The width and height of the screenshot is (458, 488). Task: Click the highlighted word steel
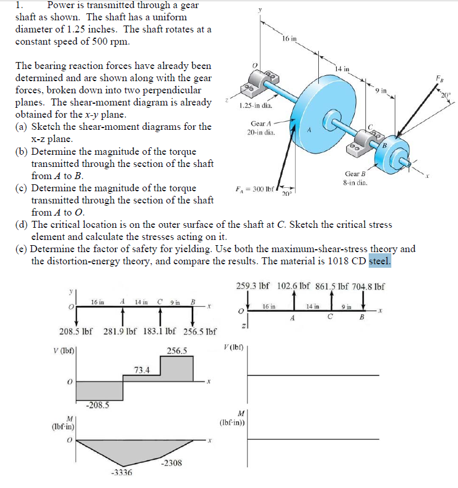380,261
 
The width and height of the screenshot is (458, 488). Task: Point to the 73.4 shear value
142,370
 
